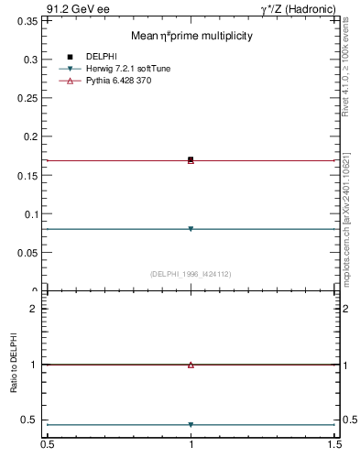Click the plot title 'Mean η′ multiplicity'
191,36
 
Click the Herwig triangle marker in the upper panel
191,229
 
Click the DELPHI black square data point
191,159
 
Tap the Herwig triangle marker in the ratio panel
191,425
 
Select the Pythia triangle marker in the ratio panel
191,365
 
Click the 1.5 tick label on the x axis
335,445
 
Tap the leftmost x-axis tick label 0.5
47,445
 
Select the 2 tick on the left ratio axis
35,309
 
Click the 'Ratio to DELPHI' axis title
15,365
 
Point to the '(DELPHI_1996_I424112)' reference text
190,273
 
